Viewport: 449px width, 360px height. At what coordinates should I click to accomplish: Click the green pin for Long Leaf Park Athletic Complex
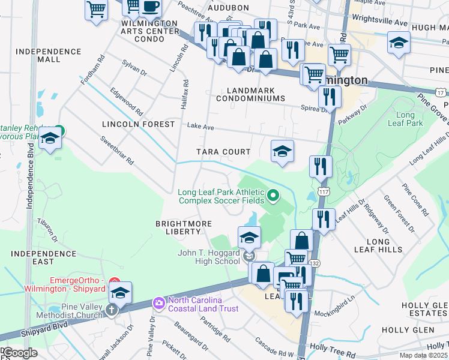[x=274, y=195]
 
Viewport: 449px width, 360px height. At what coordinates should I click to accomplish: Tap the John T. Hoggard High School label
[x=209, y=257]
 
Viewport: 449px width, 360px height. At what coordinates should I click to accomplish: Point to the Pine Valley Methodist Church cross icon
[x=111, y=310]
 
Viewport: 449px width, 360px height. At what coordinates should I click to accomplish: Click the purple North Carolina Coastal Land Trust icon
[x=159, y=302]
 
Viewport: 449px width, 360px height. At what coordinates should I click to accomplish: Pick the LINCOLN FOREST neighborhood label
[x=138, y=124]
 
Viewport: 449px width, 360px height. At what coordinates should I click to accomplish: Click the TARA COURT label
[x=223, y=152]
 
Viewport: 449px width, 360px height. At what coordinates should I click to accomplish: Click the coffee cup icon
[x=150, y=7]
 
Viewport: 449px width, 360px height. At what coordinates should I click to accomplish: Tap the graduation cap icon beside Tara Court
[x=282, y=152]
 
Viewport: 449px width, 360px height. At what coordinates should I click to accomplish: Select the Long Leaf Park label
[x=410, y=119]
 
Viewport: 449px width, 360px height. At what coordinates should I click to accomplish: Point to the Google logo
[x=19, y=353]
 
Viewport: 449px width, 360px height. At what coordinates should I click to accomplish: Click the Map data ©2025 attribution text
[x=423, y=355]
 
